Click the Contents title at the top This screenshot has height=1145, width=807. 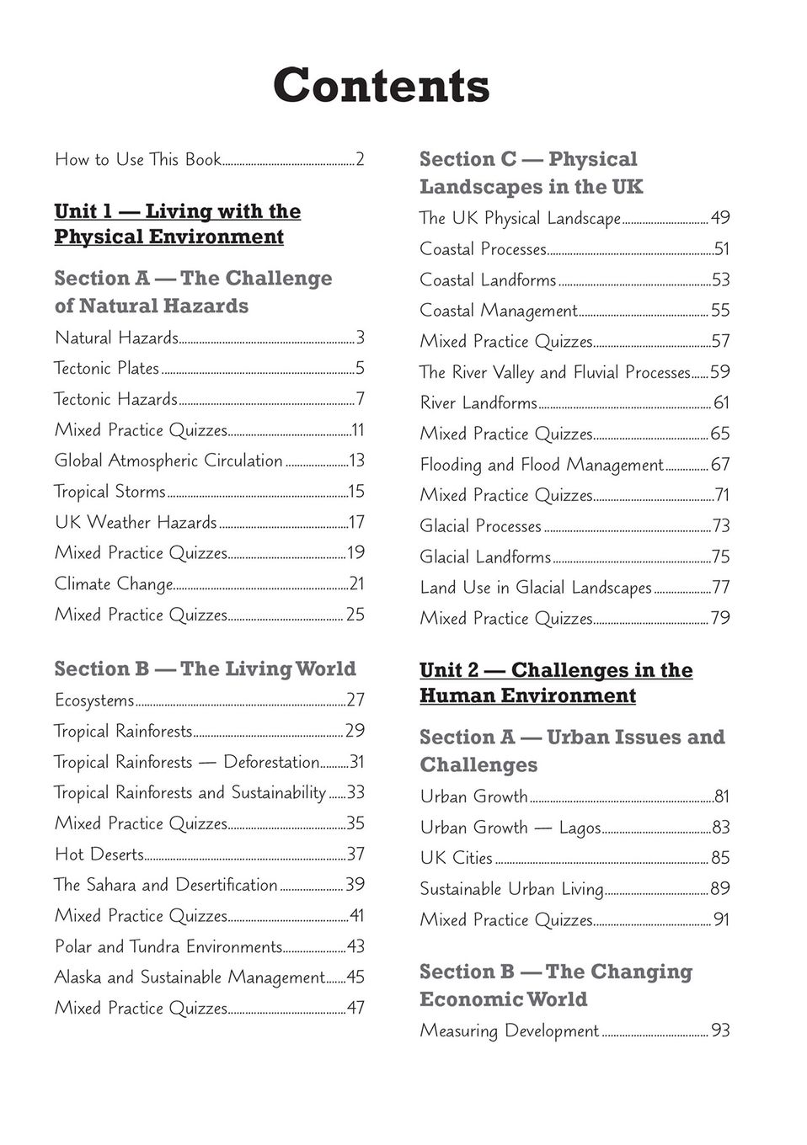pyautogui.click(x=381, y=85)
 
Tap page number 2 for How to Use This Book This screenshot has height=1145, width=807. pyautogui.click(x=360, y=159)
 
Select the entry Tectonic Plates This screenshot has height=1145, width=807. pyautogui.click(x=107, y=368)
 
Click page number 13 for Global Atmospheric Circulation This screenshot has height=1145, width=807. pyautogui.click(x=356, y=461)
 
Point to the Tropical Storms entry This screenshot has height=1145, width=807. pyautogui.click(x=110, y=492)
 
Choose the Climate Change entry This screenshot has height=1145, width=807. pyautogui.click(x=114, y=583)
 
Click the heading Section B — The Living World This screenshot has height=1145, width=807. pyautogui.click(x=205, y=668)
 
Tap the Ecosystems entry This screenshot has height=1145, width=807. pyautogui.click(x=94, y=700)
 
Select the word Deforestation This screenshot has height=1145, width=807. pyautogui.click(x=271, y=762)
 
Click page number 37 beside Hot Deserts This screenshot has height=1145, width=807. pyautogui.click(x=356, y=854)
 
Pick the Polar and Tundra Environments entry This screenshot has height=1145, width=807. pyautogui.click(x=168, y=946)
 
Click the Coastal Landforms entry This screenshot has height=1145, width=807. pyautogui.click(x=488, y=280)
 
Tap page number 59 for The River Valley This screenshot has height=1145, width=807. pyautogui.click(x=720, y=372)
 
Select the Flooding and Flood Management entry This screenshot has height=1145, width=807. pyautogui.click(x=542, y=465)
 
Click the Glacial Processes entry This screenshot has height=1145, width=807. pyautogui.click(x=480, y=526)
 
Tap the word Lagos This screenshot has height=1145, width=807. pyautogui.click(x=580, y=828)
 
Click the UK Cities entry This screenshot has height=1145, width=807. pyautogui.click(x=456, y=858)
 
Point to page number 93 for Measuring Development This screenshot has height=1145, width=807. pyautogui.click(x=720, y=1030)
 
